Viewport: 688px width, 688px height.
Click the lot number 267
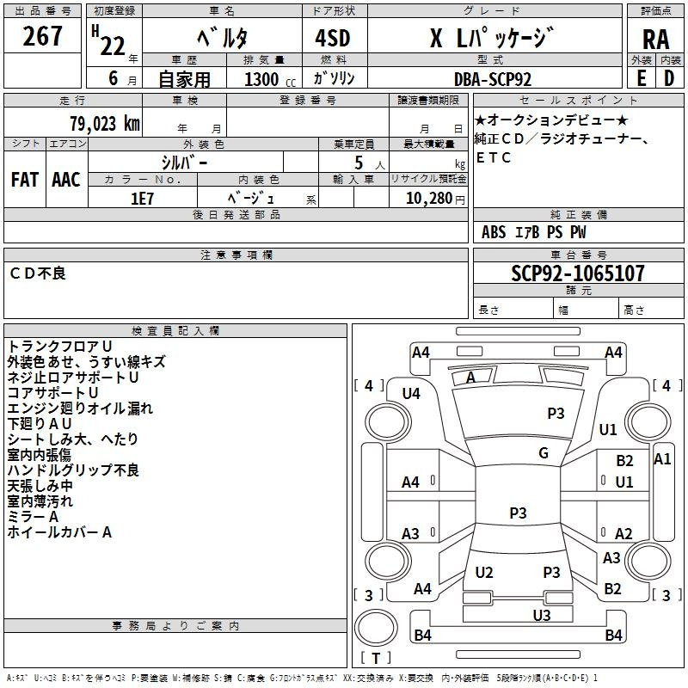click(x=42, y=36)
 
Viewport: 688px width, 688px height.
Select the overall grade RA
click(x=655, y=40)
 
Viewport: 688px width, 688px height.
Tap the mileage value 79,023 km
click(x=105, y=123)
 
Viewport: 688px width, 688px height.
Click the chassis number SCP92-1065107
click(x=578, y=273)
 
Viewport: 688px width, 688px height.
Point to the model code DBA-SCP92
click(x=492, y=79)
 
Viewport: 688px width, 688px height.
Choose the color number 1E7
click(x=142, y=199)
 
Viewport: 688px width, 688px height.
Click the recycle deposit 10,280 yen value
click(x=435, y=199)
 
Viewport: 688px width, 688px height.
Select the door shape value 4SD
click(x=333, y=38)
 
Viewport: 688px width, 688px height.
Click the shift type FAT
click(x=25, y=180)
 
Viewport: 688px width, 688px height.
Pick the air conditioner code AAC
click(x=66, y=180)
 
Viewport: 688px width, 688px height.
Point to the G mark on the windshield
click(x=544, y=452)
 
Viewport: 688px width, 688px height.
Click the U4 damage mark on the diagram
click(x=411, y=394)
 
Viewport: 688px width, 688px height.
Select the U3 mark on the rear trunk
click(x=542, y=615)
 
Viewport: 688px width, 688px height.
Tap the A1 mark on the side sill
click(x=662, y=459)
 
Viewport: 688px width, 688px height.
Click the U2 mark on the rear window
click(x=484, y=572)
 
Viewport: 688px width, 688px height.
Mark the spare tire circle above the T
click(x=376, y=628)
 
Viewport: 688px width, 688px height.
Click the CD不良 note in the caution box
click(x=38, y=273)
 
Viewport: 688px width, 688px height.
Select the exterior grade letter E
click(x=642, y=78)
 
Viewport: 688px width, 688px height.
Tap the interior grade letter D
click(x=669, y=78)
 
